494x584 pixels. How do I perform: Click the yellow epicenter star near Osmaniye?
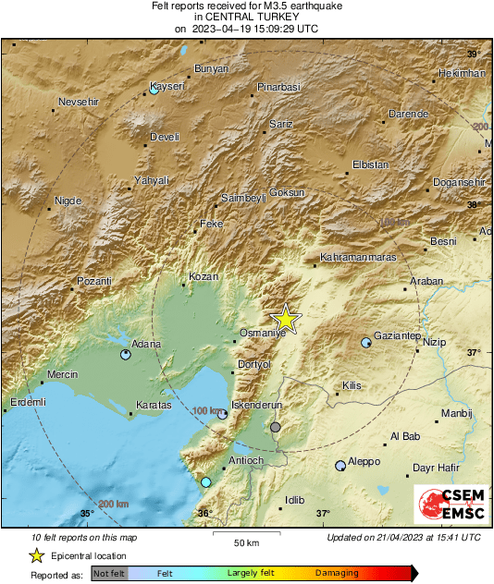pos(287,318)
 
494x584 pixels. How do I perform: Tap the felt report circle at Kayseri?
pos(154,91)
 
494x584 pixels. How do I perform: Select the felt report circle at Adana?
pos(126,354)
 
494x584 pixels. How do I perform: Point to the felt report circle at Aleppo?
pos(340,466)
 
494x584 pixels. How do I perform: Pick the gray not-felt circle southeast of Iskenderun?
pos(276,427)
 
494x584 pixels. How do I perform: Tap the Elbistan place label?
pos(370,164)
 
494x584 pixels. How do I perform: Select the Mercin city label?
pos(62,374)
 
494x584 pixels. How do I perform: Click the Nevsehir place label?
pos(77,101)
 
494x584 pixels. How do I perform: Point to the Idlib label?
pos(294,500)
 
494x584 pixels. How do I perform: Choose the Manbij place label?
pos(456,413)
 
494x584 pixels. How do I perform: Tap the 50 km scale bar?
pos(245,536)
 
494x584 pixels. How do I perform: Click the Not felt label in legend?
pos(109,573)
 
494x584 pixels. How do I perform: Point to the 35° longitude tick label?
pos(87,514)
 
